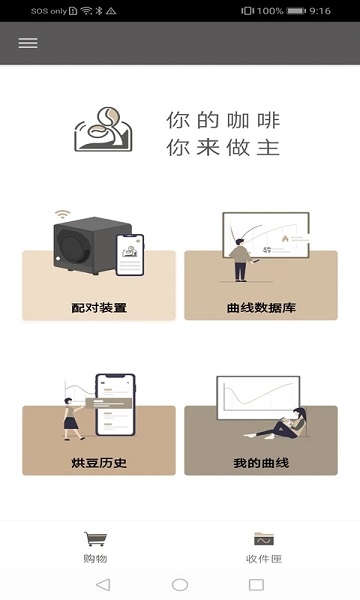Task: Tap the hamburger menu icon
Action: coord(28,43)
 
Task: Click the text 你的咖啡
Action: coord(223,120)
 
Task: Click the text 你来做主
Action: coord(223,148)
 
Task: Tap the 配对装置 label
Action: coord(99,308)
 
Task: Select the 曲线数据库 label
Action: coord(261,308)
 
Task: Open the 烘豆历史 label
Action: coord(99,463)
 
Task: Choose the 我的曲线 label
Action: coord(261,463)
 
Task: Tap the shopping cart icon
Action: coord(95,539)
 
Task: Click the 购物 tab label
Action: coord(95,559)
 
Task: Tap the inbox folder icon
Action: coord(264,539)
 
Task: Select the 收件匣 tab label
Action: coord(264,559)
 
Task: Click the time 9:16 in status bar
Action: coord(320,10)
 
